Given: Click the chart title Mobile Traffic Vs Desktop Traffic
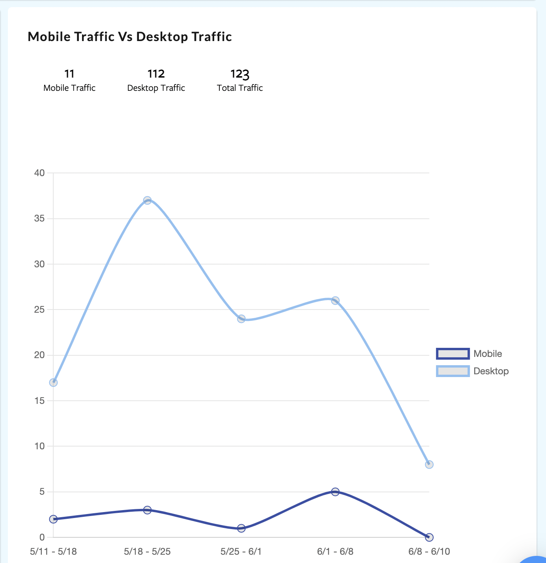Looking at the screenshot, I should coord(130,37).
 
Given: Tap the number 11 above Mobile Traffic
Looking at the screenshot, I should coord(69,74).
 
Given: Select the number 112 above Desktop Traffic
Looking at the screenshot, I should coord(156,74).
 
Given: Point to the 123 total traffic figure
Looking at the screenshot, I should coord(240,74).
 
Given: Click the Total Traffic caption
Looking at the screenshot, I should coord(240,88).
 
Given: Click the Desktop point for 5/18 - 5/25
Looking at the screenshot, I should coord(147,201).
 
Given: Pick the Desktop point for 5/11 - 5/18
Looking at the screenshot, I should coord(53,383).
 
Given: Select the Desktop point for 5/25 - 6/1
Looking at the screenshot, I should coord(241,319).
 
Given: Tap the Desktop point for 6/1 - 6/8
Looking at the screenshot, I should coord(335,300).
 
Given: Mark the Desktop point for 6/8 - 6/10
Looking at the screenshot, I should coord(429,465).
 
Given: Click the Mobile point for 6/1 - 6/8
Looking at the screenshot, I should coord(335,492).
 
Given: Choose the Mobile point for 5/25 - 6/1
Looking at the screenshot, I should coord(241,528).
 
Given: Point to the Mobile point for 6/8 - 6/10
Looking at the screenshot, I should coord(429,537).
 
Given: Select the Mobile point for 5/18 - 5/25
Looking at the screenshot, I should coord(147,510).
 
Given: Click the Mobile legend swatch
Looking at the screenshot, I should coord(453,354).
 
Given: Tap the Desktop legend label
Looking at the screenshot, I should coord(491,371).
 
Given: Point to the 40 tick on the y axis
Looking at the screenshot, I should coord(39,173).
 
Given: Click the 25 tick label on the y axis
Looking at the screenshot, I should coord(39,310).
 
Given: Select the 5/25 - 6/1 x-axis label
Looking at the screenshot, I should coord(241,552).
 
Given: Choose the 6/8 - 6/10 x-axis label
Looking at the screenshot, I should coord(429,552).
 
